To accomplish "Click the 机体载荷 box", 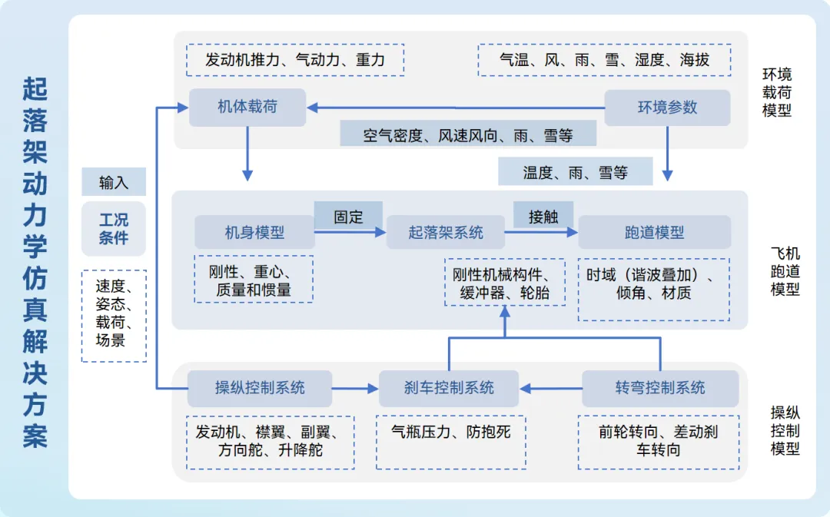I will (x=247, y=107).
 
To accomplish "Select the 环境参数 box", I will (x=667, y=108).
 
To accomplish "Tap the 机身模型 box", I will (x=254, y=232).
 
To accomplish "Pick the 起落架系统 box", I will (x=446, y=232).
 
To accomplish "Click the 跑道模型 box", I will (x=654, y=232).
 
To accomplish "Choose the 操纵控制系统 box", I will (x=260, y=388).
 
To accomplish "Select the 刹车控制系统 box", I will (x=449, y=388).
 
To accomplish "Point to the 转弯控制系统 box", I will (x=660, y=388).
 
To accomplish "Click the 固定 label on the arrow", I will (x=348, y=217).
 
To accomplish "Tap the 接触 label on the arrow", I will (x=543, y=217).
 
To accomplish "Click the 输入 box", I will (x=114, y=183).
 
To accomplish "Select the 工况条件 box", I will (x=114, y=229).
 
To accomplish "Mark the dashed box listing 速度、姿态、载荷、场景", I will (x=114, y=315).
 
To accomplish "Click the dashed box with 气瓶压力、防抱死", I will (x=451, y=442).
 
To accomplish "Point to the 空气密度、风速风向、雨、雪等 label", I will (x=468, y=135).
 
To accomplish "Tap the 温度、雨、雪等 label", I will (x=576, y=172).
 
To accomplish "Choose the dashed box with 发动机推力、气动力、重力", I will (x=295, y=59).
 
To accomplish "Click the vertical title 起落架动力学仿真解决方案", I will (x=35, y=261).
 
